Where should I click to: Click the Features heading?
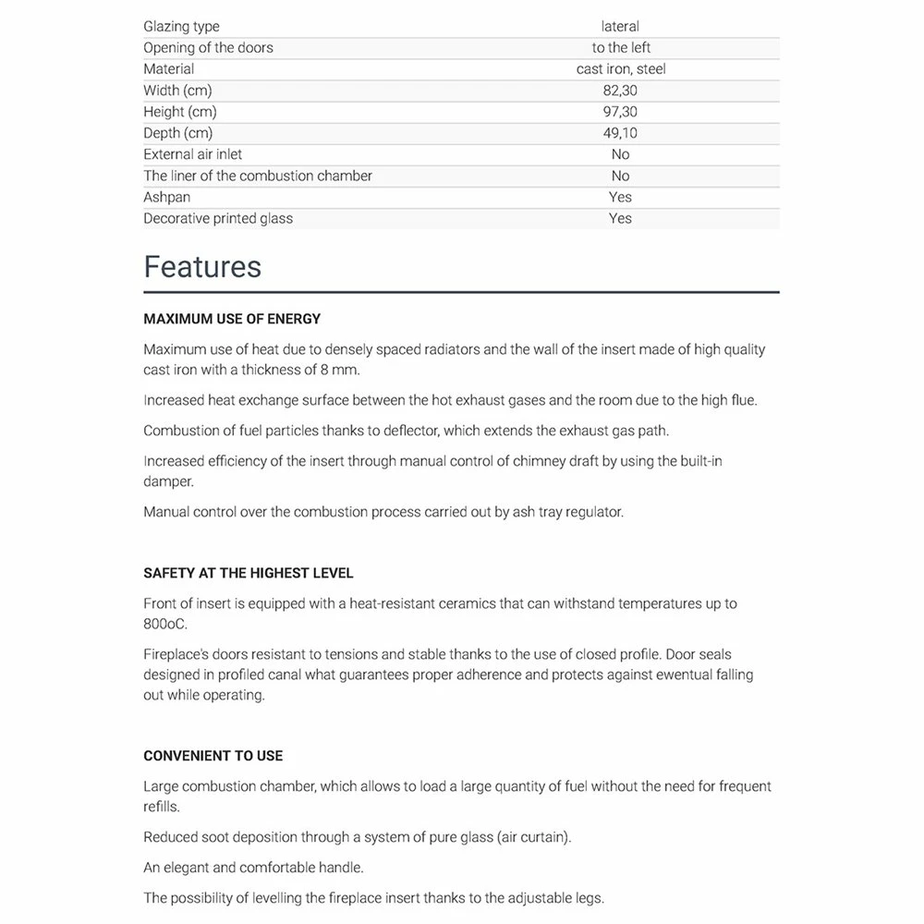202,267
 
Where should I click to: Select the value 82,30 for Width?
620,91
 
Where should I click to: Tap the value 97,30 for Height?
620,112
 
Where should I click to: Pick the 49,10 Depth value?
620,133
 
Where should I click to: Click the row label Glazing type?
181,27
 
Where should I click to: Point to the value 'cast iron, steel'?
620,69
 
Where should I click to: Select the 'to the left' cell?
621,48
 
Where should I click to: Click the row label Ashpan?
166,197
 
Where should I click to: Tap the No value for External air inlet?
620,154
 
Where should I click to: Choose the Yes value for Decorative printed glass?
620,218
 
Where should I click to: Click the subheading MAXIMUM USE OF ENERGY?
232,319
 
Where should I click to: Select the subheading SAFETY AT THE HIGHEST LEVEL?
249,573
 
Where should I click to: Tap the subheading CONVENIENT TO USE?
213,756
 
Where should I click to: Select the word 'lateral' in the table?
620,27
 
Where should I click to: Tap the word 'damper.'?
168,481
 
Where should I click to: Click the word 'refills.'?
162,807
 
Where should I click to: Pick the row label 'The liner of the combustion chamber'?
258,176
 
